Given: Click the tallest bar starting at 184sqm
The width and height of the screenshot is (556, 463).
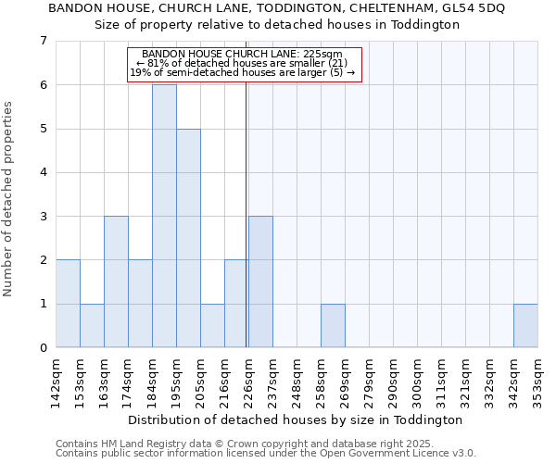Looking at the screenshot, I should pyautogui.click(x=164, y=216).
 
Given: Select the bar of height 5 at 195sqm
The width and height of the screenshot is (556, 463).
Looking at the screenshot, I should pyautogui.click(x=188, y=238).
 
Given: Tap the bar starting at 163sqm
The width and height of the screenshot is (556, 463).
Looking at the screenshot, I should pyautogui.click(x=116, y=282).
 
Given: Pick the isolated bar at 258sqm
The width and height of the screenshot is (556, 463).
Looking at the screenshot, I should pyautogui.click(x=333, y=325).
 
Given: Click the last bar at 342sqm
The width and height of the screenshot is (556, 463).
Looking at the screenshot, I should pyautogui.click(x=525, y=325).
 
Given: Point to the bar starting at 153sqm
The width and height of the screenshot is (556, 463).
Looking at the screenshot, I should pyautogui.click(x=92, y=325).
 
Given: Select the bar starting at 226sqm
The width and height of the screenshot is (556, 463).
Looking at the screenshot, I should pyautogui.click(x=260, y=282).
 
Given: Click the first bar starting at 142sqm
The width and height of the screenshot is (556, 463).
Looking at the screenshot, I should pyautogui.click(x=68, y=304).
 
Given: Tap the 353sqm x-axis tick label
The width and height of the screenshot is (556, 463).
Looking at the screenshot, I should pyautogui.click(x=537, y=381).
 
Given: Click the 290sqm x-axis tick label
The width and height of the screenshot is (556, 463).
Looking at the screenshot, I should pyautogui.click(x=393, y=381).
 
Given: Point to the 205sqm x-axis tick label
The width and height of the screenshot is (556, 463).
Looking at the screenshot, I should pyautogui.click(x=200, y=381).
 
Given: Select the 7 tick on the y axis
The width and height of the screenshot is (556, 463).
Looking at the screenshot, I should pyautogui.click(x=43, y=41).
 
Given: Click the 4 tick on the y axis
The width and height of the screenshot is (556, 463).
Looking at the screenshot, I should pyautogui.click(x=43, y=172).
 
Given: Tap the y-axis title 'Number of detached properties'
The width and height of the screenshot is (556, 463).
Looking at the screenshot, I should pyautogui.click(x=8, y=198).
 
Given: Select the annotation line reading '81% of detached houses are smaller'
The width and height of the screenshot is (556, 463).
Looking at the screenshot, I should pyautogui.click(x=244, y=63).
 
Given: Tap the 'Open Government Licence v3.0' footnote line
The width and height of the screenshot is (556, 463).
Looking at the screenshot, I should pyautogui.click(x=266, y=454).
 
